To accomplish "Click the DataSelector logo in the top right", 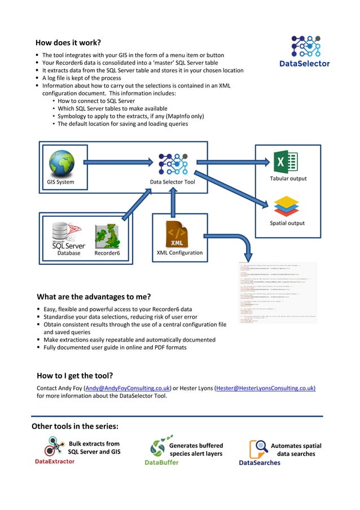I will tap(305, 51).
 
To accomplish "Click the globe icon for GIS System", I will tap(62, 162).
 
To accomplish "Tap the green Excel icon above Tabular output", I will tap(286, 162).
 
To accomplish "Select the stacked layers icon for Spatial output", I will tap(286, 206).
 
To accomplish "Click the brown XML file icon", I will tap(177, 234).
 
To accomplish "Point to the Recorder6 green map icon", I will tap(107, 236).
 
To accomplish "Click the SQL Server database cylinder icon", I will tap(63, 232).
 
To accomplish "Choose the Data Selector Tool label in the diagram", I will tap(173, 182).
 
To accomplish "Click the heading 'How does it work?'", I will tap(68, 42).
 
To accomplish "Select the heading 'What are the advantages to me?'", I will tap(94, 297).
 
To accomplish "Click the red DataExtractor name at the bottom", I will tap(55, 461).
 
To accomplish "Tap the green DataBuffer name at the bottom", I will tap(161, 462).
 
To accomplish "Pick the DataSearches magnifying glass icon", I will tap(258, 448).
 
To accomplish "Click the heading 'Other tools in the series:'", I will tap(74, 426).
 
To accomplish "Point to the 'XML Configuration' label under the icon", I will tap(179, 252).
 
